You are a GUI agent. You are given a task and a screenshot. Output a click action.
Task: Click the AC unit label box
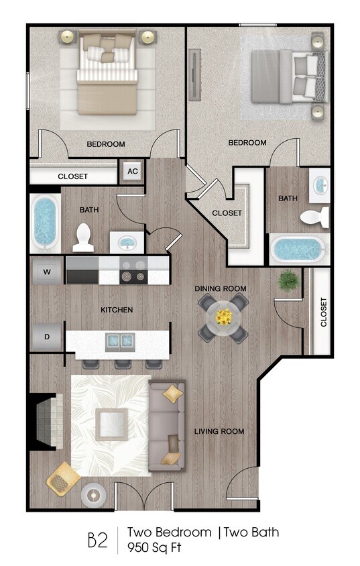(133, 171)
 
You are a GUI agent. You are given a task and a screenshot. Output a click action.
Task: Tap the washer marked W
(47, 272)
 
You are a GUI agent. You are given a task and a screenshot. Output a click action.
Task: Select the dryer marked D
(47, 337)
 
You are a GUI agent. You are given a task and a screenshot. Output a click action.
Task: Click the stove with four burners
(133, 272)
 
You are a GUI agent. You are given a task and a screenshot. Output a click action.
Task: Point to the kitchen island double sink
(118, 342)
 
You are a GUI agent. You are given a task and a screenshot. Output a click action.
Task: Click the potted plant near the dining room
(289, 280)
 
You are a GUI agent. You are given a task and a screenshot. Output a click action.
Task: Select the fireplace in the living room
(46, 421)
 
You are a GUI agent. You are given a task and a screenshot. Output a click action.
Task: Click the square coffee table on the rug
(111, 424)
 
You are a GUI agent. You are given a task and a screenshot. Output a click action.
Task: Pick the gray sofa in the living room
(167, 426)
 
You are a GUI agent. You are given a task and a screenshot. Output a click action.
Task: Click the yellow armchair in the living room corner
(62, 477)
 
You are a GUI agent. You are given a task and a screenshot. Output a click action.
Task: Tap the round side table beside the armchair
(93, 495)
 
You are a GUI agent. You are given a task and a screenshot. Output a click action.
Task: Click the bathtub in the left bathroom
(45, 222)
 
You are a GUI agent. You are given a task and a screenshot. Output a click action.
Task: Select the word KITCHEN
(117, 310)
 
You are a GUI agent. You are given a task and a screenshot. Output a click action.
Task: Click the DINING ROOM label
(221, 288)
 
